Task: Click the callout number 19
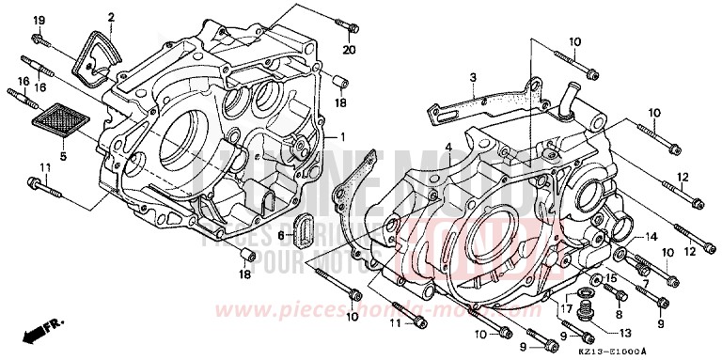click(x=39, y=20)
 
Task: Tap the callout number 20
click(x=349, y=50)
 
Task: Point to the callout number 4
click(x=449, y=146)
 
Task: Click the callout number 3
click(x=474, y=77)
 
